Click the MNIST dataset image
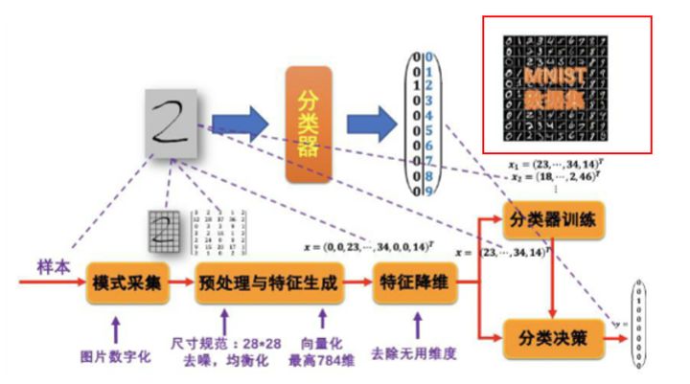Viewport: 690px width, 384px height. coord(565,84)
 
